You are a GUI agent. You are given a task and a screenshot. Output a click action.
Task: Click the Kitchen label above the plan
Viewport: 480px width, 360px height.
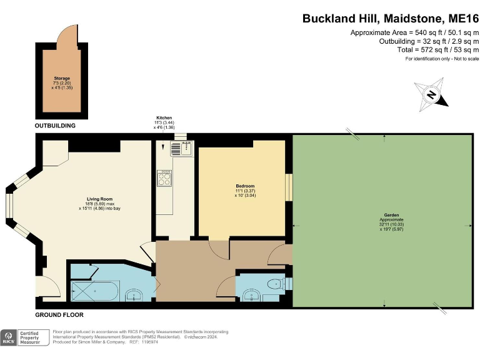coord(164,117)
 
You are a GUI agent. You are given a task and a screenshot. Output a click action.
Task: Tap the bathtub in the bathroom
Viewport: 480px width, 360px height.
coord(94,290)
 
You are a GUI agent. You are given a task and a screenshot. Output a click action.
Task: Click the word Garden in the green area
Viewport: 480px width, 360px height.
coord(382,216)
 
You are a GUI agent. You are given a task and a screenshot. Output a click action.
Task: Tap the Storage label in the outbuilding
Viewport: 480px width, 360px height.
coord(62,78)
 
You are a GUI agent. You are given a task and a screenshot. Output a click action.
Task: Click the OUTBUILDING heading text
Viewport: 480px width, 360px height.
coord(55,126)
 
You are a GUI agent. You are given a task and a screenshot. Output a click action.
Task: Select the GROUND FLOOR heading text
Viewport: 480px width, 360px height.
coord(59,315)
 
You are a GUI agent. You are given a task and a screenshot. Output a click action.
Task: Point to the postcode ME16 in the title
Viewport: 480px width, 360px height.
coord(459,19)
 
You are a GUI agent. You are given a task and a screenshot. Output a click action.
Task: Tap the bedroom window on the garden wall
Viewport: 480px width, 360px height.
coord(289,187)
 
